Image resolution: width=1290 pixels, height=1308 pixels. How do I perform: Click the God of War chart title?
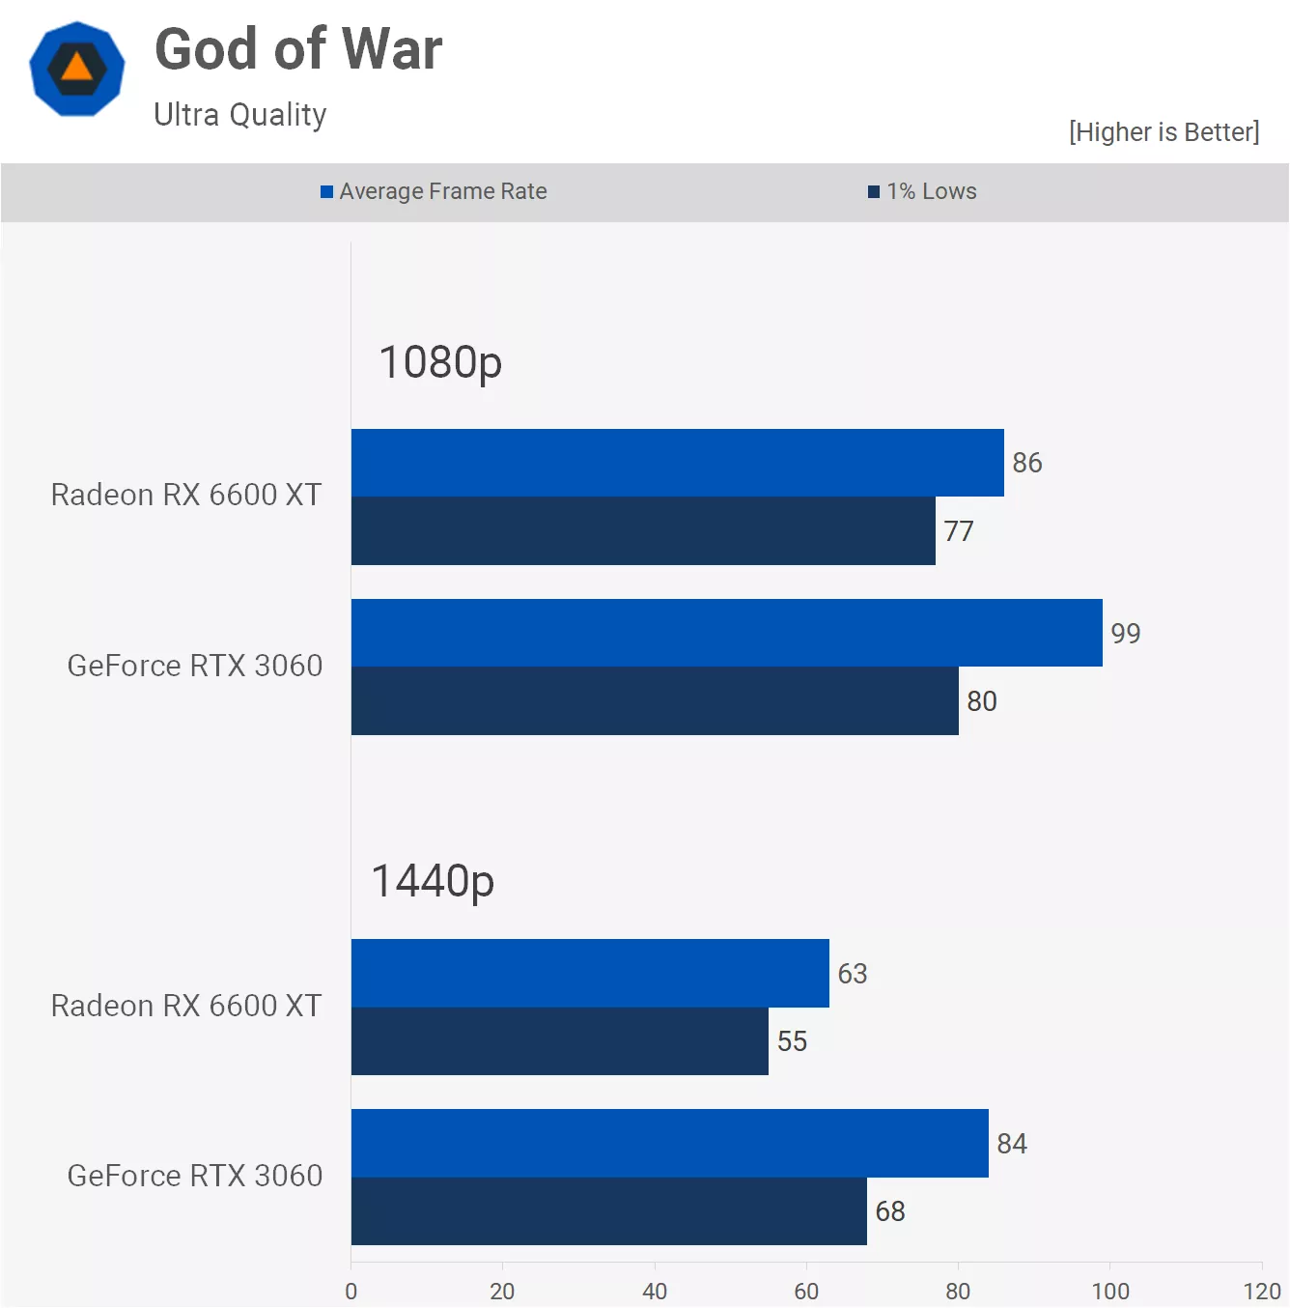coord(298,50)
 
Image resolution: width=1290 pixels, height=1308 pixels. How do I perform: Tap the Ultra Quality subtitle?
coord(240,115)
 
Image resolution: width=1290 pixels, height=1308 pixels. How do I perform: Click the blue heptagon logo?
coord(77,70)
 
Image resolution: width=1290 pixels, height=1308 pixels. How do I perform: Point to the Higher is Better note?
coord(1164,132)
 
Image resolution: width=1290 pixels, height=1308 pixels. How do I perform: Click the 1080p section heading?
coord(440,363)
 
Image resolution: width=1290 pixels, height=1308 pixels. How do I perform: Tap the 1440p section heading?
coord(433,881)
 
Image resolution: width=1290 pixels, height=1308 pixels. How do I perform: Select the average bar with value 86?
coord(677,463)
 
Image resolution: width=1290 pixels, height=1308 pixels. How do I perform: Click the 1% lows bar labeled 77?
coord(643,531)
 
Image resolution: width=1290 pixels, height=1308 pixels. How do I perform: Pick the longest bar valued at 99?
coord(726,633)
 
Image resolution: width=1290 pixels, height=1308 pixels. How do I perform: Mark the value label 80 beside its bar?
coord(982,701)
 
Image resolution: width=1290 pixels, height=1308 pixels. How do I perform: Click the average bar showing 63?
coord(590,973)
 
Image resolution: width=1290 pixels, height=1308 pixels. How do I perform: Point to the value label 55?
coord(792,1041)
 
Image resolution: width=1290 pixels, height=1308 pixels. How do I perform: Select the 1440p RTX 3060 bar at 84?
coord(669,1143)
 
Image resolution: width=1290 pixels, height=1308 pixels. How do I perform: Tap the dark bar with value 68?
coord(608,1211)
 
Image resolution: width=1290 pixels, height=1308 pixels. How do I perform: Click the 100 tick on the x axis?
coord(1110,1291)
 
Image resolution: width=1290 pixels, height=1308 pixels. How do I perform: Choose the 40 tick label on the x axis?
coord(655,1291)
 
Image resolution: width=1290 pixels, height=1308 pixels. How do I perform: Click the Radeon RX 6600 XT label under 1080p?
coord(186,495)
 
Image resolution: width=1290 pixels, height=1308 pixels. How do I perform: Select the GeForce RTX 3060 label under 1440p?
coord(195,1176)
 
